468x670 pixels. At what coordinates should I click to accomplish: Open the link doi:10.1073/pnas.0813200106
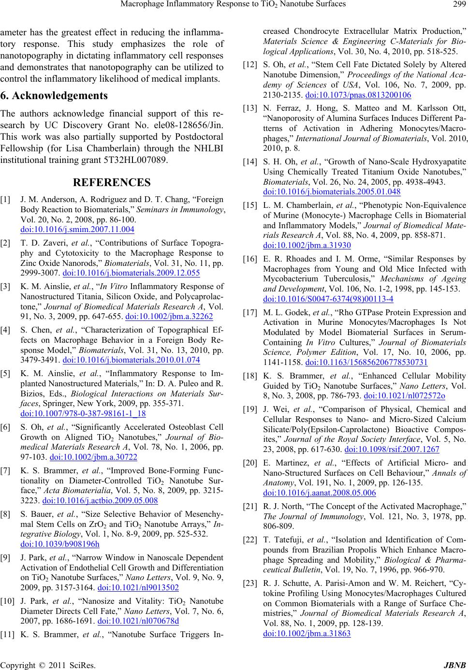tap(358, 94)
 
